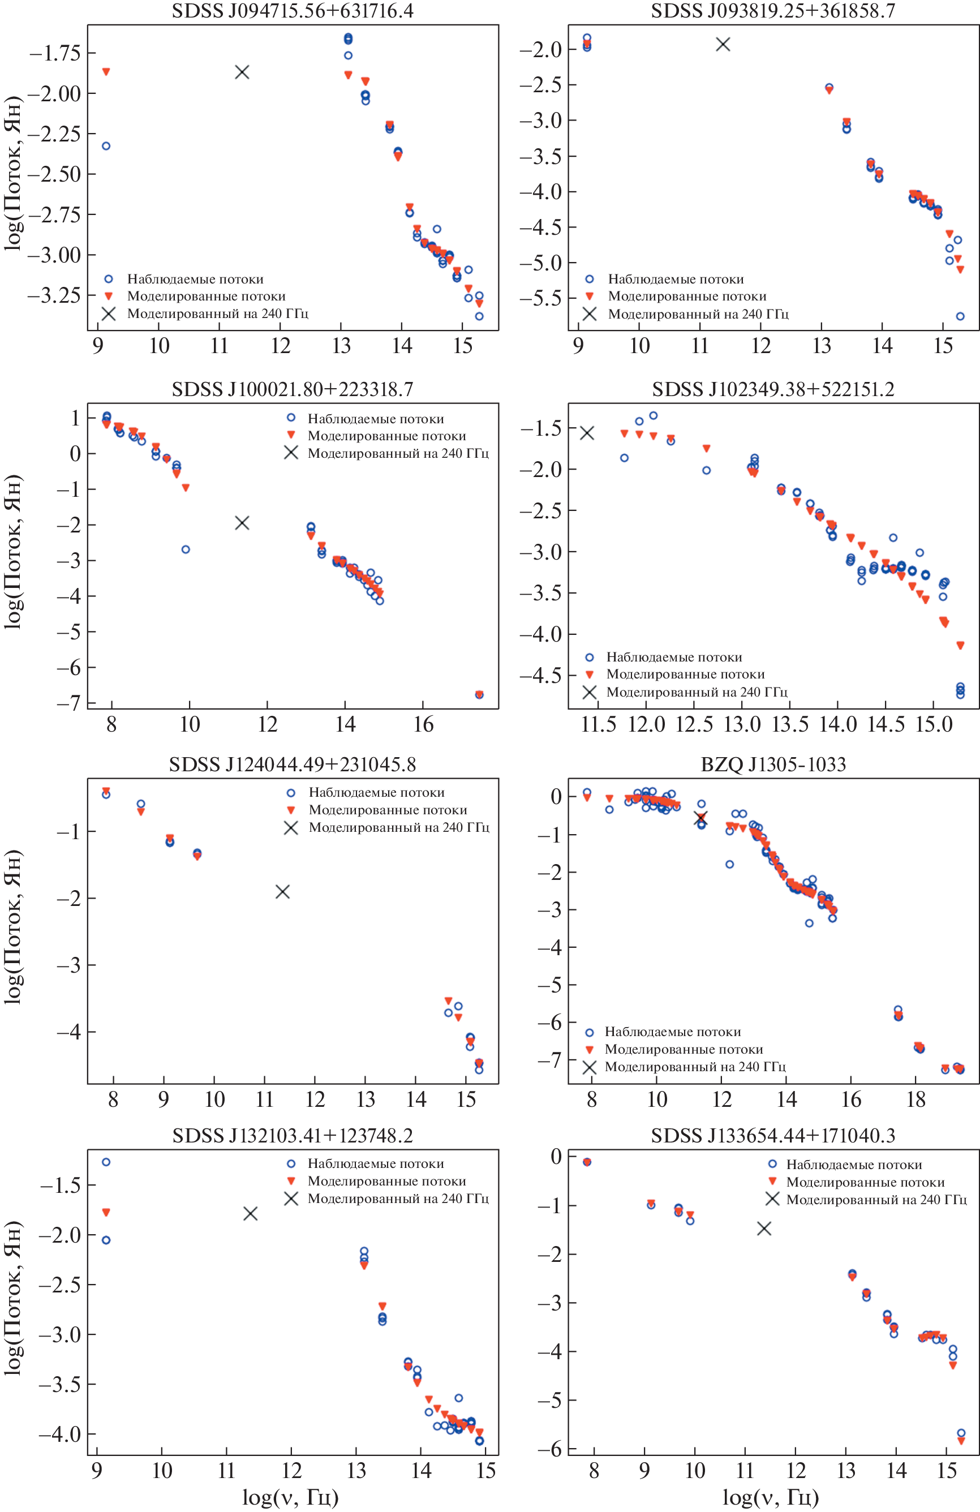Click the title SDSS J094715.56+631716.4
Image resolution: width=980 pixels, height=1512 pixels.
click(x=292, y=11)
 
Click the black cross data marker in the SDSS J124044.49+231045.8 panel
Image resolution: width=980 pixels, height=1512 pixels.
click(x=283, y=891)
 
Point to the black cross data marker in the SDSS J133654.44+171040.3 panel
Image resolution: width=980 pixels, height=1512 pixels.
click(x=764, y=1228)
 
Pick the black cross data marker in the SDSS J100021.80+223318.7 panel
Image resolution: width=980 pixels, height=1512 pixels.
click(x=242, y=522)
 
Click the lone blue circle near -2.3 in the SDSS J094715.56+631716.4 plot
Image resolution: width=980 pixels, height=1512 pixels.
click(x=106, y=146)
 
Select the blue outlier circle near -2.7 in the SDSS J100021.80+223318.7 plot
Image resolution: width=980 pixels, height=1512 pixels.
click(x=186, y=549)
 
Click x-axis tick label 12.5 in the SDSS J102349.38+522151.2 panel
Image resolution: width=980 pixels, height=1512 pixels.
click(x=694, y=724)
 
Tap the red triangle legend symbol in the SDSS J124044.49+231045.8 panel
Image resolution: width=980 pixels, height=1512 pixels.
click(x=291, y=810)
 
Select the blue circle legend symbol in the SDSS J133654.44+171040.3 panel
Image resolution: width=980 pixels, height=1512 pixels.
click(x=772, y=1164)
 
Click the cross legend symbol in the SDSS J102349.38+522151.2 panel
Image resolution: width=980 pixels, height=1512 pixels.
click(x=590, y=692)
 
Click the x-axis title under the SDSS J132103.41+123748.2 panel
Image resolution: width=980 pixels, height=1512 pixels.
click(x=290, y=1497)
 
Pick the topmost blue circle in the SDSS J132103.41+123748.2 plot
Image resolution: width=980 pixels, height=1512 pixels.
click(x=106, y=1162)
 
